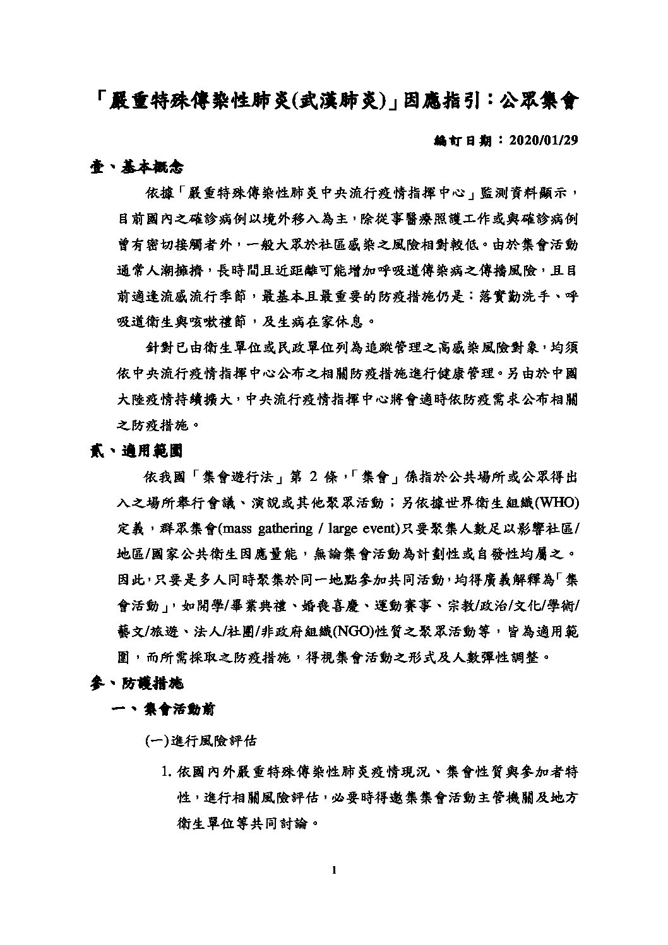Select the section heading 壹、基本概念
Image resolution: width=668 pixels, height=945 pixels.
tap(136, 167)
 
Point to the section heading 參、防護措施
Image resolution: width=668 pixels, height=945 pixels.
tap(136, 683)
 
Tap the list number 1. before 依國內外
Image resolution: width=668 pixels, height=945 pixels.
tap(167, 772)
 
